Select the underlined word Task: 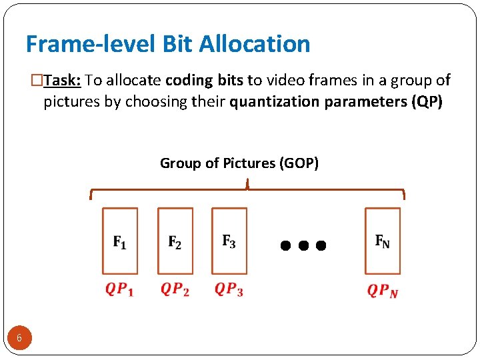pyautogui.click(x=63, y=81)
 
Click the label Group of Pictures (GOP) pyautogui.click(x=239, y=163)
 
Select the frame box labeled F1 pyautogui.click(x=120, y=241)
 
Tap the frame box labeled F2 pyautogui.click(x=175, y=241)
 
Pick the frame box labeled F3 pyautogui.click(x=229, y=241)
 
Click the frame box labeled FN pyautogui.click(x=383, y=241)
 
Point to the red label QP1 pyautogui.click(x=119, y=290)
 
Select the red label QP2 pyautogui.click(x=175, y=290)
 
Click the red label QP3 pyautogui.click(x=229, y=290)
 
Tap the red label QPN pyautogui.click(x=383, y=291)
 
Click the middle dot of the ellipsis pyautogui.click(x=303, y=245)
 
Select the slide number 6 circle pyautogui.click(x=19, y=338)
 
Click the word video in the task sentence pyautogui.click(x=283, y=81)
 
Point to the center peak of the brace pyautogui.click(x=247, y=183)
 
